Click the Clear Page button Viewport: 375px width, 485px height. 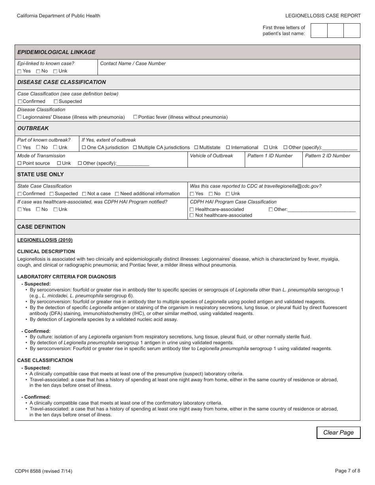tap(338, 433)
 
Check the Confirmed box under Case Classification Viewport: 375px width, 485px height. tap(20, 101)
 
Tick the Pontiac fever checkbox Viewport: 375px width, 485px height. tap(135, 117)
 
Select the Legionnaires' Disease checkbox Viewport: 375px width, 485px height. tap(20, 117)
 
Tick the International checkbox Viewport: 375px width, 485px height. tap(228, 147)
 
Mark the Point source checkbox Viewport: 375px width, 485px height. tap(20, 163)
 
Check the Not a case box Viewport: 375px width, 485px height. tap(84, 194)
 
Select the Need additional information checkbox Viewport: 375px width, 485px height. tap(117, 194)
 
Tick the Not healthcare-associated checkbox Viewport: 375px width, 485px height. tap(192, 215)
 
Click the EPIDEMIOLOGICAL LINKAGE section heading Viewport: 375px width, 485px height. tap(56, 52)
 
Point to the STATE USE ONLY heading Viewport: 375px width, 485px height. tap(41, 174)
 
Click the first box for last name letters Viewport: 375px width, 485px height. tap(319, 31)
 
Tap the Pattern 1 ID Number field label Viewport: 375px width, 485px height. tap(270, 156)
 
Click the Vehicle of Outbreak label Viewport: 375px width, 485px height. tap(212, 156)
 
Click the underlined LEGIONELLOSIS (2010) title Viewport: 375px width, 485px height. tap(45, 240)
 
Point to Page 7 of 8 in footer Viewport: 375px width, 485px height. tap(347, 470)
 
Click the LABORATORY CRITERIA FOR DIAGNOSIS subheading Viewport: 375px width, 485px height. tap(67, 277)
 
